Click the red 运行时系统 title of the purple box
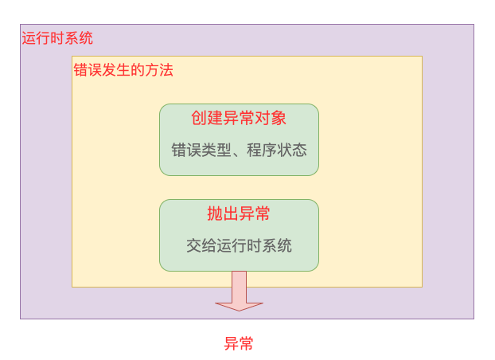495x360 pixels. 57,37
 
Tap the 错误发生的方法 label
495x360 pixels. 123,70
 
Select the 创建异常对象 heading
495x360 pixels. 239,118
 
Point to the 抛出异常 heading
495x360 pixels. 239,213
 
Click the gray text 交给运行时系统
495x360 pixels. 239,245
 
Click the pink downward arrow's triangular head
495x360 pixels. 239,305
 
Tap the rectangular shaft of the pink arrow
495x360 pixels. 239,285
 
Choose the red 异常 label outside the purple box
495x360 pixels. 239,344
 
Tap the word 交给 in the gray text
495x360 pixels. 196,245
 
